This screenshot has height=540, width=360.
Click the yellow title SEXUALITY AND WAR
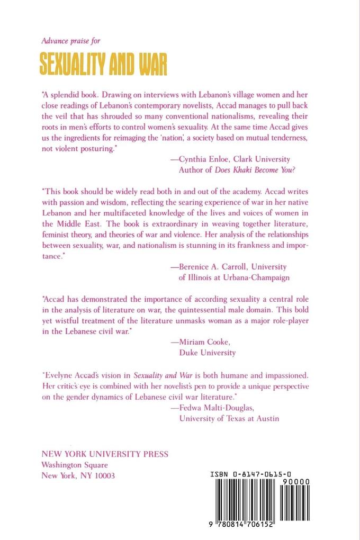pyautogui.click(x=104, y=65)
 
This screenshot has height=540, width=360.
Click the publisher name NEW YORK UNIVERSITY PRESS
pyautogui.click(x=105, y=454)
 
